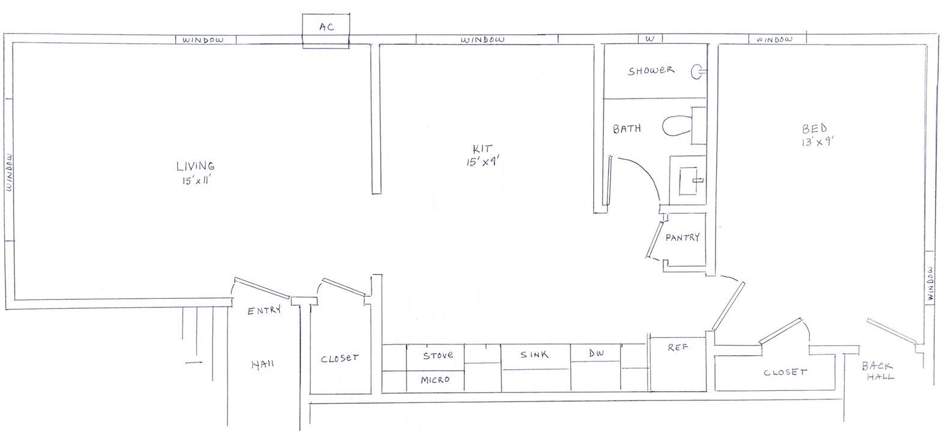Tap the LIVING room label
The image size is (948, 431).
pyautogui.click(x=196, y=166)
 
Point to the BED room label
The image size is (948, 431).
pyautogui.click(x=815, y=128)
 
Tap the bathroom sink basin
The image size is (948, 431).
pyautogui.click(x=689, y=181)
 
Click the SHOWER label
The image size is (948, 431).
pyautogui.click(x=650, y=71)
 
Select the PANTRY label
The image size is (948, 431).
pyautogui.click(x=682, y=237)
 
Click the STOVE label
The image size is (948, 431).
pyautogui.click(x=438, y=355)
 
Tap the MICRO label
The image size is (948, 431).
pyautogui.click(x=435, y=380)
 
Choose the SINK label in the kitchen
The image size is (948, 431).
pyautogui.click(x=534, y=354)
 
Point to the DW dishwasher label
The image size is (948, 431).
pyautogui.click(x=596, y=353)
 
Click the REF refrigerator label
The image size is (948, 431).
pyautogui.click(x=678, y=347)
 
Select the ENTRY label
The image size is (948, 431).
pyautogui.click(x=264, y=310)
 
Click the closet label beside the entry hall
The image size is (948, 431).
pyautogui.click(x=339, y=359)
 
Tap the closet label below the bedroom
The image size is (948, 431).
pyautogui.click(x=785, y=372)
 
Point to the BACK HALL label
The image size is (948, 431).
pyautogui.click(x=878, y=371)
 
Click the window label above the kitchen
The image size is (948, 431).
pyautogui.click(x=483, y=40)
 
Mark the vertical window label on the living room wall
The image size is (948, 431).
pyautogui.click(x=9, y=172)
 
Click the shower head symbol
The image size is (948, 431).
pyautogui.click(x=698, y=72)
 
